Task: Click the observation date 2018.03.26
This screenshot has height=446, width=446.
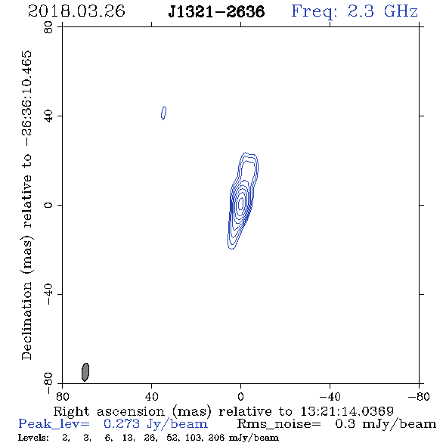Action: click(76, 11)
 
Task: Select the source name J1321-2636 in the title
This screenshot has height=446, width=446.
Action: click(216, 11)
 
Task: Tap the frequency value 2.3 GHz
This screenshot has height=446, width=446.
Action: click(383, 11)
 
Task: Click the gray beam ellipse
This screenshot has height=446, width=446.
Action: click(85, 372)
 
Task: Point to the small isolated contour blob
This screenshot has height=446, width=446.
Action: click(163, 113)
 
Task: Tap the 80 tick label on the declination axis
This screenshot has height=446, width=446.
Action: click(48, 27)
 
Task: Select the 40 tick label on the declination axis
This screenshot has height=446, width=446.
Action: click(48, 116)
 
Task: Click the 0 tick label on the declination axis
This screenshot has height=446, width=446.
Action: click(48, 205)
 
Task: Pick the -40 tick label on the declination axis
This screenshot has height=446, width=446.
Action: click(48, 294)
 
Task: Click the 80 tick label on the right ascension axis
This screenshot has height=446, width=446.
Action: click(63, 397)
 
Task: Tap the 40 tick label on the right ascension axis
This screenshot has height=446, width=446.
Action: click(152, 397)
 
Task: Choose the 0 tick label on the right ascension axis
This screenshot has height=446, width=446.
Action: click(240, 397)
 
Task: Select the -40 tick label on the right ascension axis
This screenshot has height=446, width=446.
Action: click(330, 397)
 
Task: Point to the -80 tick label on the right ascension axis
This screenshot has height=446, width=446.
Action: click(419, 397)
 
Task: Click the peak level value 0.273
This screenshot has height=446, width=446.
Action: click(122, 424)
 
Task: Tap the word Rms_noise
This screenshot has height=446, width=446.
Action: click(279, 424)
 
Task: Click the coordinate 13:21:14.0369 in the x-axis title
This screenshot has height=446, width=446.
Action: click(347, 411)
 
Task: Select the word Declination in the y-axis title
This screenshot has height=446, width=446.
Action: click(26, 321)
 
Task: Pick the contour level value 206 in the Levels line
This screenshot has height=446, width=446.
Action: click(216, 438)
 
